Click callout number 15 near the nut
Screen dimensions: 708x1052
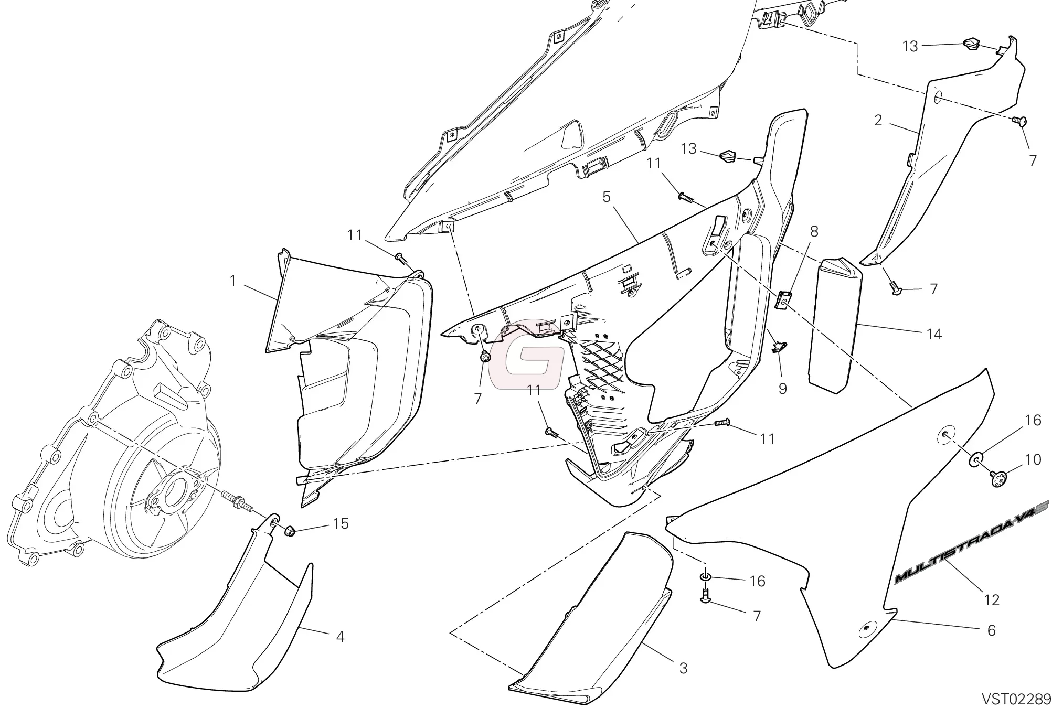pyautogui.click(x=341, y=523)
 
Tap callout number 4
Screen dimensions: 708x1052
pyautogui.click(x=340, y=637)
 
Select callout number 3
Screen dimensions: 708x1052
pyautogui.click(x=683, y=668)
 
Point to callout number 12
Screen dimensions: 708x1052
pyautogui.click(x=992, y=599)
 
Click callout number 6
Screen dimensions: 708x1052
pyautogui.click(x=991, y=630)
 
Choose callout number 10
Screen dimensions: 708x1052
pyautogui.click(x=1033, y=459)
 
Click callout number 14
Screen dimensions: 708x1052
pyautogui.click(x=934, y=334)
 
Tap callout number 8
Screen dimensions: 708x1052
pyautogui.click(x=814, y=231)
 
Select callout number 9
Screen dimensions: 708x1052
pyautogui.click(x=782, y=389)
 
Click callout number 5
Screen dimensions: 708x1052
pyautogui.click(x=607, y=197)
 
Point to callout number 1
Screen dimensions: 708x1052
pyautogui.click(x=233, y=281)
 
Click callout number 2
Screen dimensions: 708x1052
pyautogui.click(x=878, y=120)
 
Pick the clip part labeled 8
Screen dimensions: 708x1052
pyautogui.click(x=782, y=301)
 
